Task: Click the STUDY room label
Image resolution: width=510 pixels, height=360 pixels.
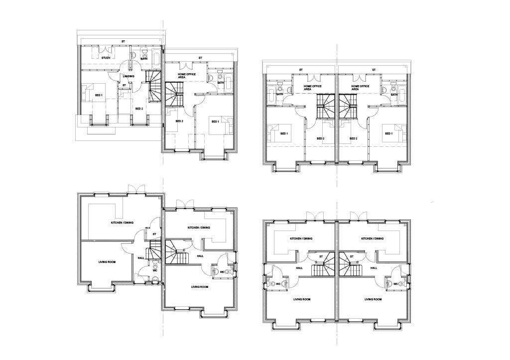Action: [106, 58]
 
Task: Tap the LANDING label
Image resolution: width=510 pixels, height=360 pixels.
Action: [128, 76]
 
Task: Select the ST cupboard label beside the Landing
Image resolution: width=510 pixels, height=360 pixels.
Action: [124, 85]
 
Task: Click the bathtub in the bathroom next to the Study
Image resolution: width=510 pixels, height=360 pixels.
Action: [156, 59]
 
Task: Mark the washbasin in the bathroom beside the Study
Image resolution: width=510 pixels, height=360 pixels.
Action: [134, 54]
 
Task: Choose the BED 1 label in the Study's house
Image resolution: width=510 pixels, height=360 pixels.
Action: [99, 95]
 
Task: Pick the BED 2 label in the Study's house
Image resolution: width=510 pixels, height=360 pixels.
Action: [139, 109]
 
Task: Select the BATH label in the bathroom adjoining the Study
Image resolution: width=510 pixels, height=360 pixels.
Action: [144, 59]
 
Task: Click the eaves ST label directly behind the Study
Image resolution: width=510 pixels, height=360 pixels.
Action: [123, 41]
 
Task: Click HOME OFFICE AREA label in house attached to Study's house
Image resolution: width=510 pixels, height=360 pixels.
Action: [187, 76]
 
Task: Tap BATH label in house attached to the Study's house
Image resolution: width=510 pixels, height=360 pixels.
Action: [221, 83]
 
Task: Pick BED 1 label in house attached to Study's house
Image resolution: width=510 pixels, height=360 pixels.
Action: [215, 121]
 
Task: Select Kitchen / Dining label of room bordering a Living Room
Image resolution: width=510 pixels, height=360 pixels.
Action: [122, 223]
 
